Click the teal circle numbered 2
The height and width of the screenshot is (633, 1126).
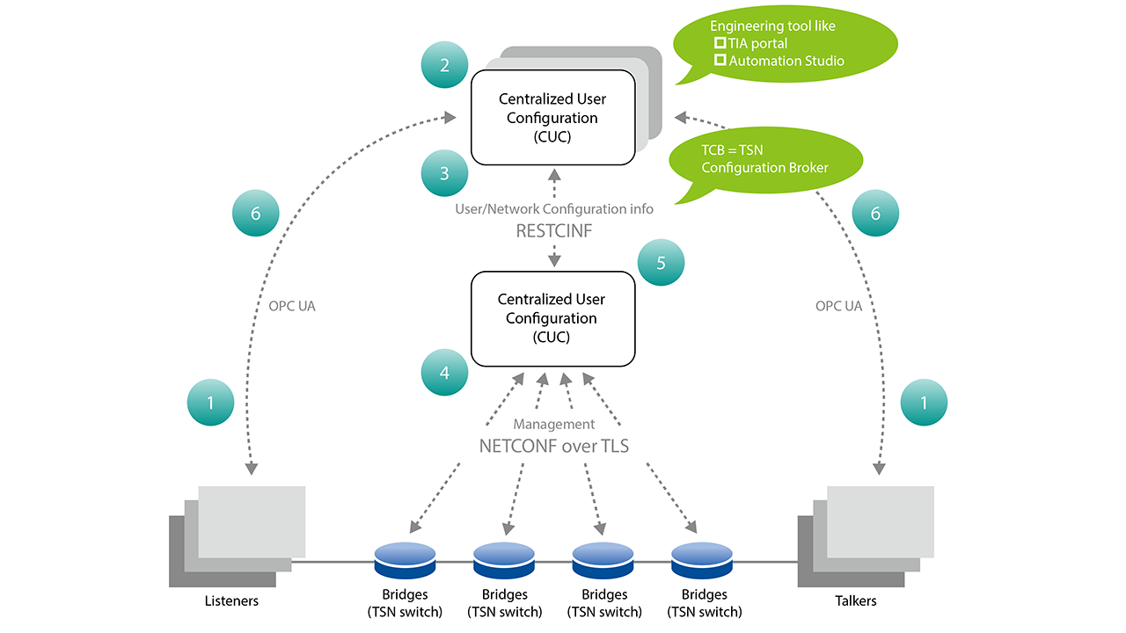444,65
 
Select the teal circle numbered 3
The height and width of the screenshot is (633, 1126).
444,173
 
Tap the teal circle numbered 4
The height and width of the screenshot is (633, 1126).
444,373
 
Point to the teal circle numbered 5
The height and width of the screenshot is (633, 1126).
660,263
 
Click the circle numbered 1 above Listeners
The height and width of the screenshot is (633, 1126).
210,403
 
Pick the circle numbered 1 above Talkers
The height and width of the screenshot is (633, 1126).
924,403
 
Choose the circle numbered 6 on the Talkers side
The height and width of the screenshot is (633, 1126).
874,214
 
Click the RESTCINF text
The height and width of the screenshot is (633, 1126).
553,232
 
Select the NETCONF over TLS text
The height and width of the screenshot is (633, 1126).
553,446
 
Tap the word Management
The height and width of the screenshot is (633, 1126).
553,425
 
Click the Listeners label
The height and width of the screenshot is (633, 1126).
231,600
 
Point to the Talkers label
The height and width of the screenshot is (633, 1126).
855,600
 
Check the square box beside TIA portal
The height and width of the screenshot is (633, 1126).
720,43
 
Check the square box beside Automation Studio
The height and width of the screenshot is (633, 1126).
720,61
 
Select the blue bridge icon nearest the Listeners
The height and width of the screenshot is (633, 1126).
405,556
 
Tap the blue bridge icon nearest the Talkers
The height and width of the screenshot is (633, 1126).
701,556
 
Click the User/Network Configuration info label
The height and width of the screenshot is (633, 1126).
553,209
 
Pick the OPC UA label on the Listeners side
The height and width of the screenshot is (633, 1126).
291,307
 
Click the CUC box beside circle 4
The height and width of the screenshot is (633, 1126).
552,318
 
